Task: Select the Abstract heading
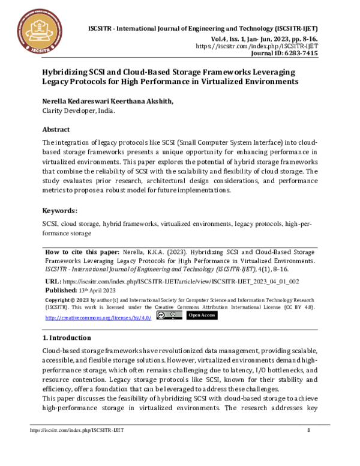point(56,130)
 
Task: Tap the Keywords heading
point(59,211)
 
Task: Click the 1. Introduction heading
point(67,337)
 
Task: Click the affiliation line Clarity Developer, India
point(78,111)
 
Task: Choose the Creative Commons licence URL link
point(98,317)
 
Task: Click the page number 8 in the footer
point(308,430)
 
